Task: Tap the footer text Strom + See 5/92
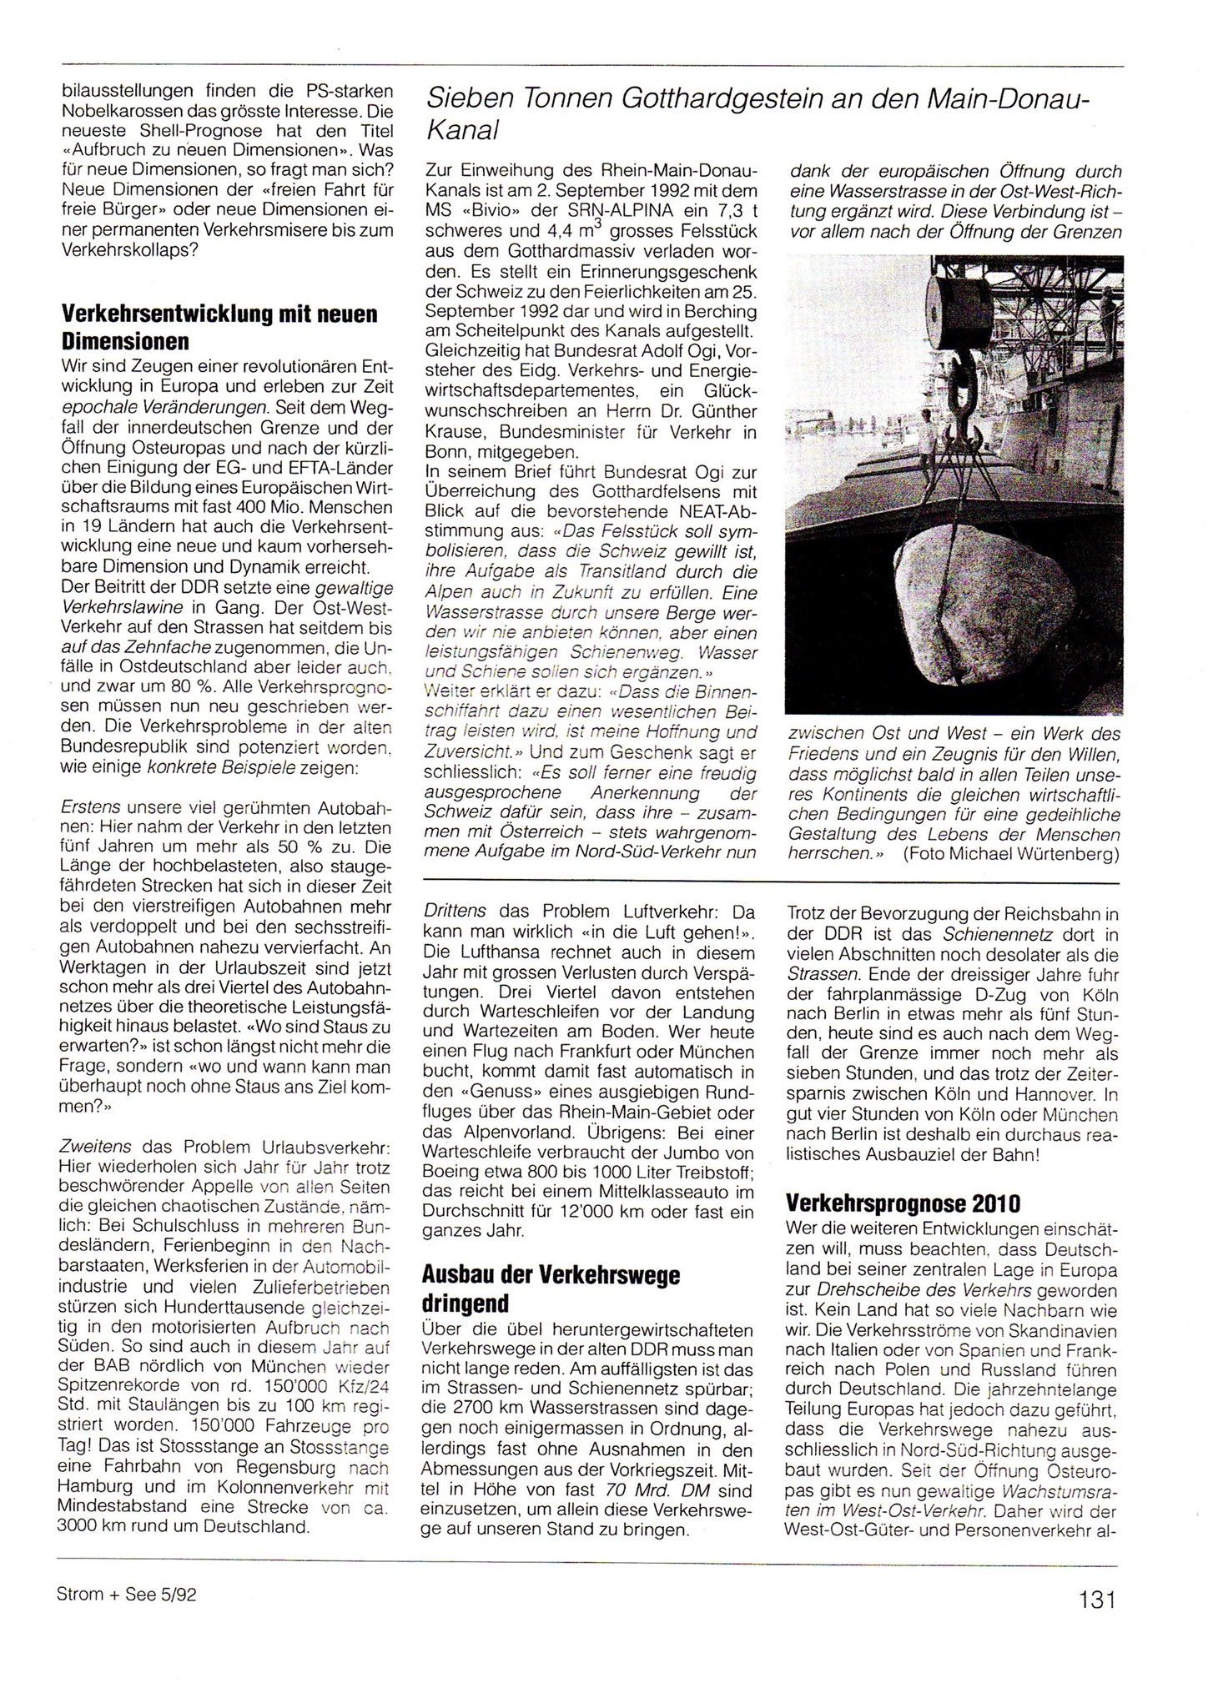pyautogui.click(x=126, y=1593)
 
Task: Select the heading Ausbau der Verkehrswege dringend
pyautogui.click(x=551, y=1289)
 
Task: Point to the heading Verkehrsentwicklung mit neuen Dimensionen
pyautogui.click(x=219, y=327)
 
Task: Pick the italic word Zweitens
pyautogui.click(x=97, y=1146)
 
